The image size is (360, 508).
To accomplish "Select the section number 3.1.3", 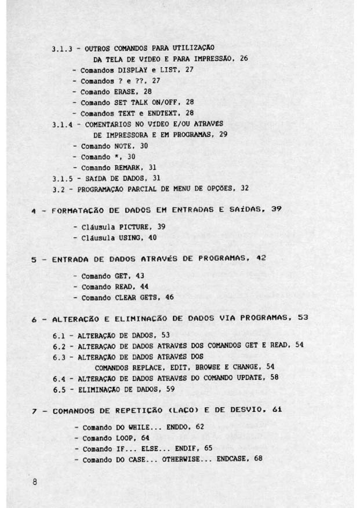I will pos(62,48).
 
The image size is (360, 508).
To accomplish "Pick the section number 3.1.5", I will pos(62,178).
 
